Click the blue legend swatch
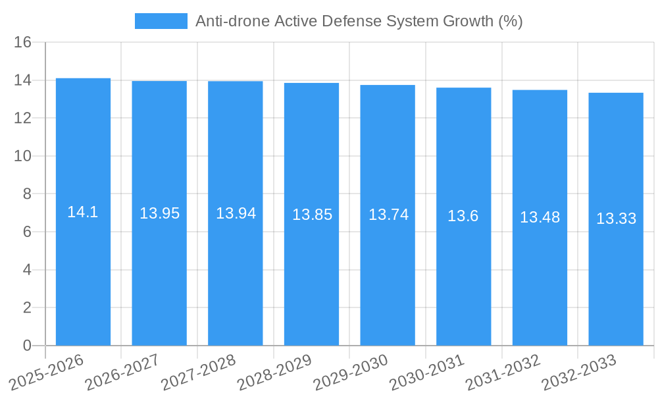click(161, 21)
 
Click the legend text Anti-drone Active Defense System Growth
click(359, 21)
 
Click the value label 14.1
click(83, 212)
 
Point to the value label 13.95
click(159, 213)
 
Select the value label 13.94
click(236, 213)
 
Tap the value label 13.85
click(312, 215)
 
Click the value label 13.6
click(463, 216)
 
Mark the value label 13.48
click(540, 217)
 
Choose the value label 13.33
click(616, 219)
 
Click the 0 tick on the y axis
click(27, 346)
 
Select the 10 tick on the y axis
click(23, 156)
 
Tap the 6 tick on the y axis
click(27, 232)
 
